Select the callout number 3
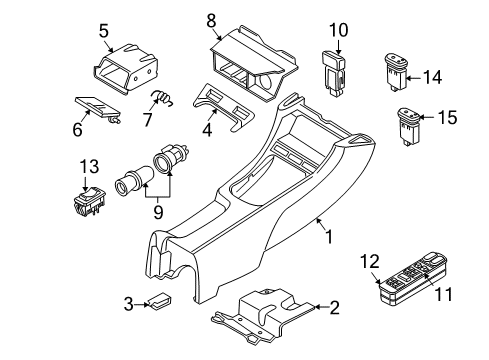click(x=129, y=302)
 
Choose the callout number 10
click(x=337, y=30)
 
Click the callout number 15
click(x=446, y=118)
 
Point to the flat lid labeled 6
click(x=98, y=107)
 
